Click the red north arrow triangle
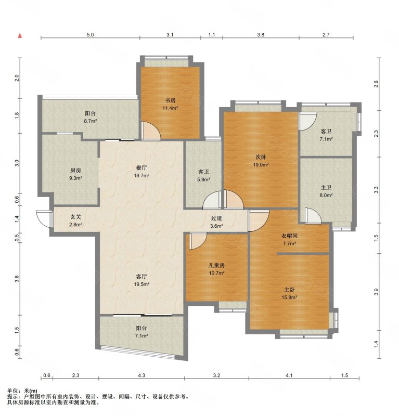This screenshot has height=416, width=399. tap(20, 36)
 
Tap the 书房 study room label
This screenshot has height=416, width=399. tap(170, 100)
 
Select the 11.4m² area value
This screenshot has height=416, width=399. tap(170, 108)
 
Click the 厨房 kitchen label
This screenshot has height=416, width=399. tap(75, 171)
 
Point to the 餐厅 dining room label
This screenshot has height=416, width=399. tap(141, 168)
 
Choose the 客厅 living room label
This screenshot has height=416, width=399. tap(141, 277)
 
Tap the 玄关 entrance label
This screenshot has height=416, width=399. tap(75, 217)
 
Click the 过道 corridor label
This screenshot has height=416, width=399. tap(216, 218)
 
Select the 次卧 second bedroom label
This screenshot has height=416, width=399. tap(261, 157)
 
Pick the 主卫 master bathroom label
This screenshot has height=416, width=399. tap(326, 188)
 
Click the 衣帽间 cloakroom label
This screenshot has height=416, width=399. tap(289, 236)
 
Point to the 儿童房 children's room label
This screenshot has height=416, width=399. tap(216, 265)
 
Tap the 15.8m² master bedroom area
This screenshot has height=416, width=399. tap(289, 297)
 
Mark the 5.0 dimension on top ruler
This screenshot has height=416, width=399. tap(91, 35)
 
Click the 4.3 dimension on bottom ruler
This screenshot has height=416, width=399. tap(141, 375)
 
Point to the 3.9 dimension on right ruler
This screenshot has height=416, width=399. tap(376, 292)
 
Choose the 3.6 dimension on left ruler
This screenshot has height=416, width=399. tap(17, 279)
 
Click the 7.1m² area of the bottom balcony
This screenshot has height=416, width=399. tap(141, 336)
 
